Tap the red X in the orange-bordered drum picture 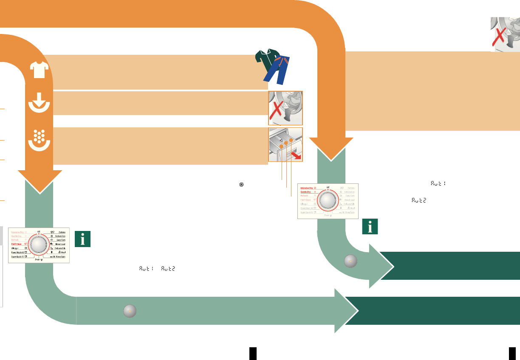coord(277,109)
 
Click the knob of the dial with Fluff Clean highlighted coord(39,245)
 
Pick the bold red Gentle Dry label coord(305,192)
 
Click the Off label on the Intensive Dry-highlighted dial coord(328,186)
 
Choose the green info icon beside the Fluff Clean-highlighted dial coord(82,239)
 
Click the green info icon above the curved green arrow coord(370,227)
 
